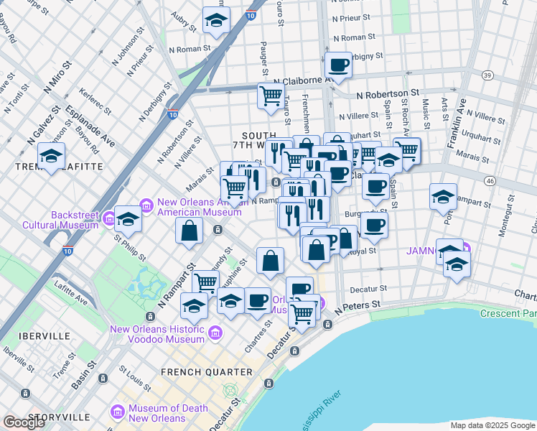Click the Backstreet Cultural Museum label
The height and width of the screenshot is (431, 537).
pos(74,220)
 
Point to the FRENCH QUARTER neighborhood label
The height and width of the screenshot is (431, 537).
pos(207,372)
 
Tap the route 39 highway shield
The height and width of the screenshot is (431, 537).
pos(487,75)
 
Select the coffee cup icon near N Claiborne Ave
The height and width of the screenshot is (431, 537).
pos(338,65)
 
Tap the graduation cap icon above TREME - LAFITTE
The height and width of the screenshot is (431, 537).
pos(52,155)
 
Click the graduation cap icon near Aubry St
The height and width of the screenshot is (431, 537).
pos(215,21)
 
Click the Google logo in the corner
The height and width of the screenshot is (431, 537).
pos(24,422)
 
